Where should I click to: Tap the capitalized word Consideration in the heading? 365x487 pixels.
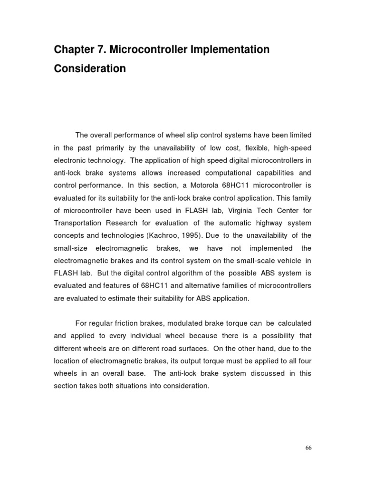[90, 68]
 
